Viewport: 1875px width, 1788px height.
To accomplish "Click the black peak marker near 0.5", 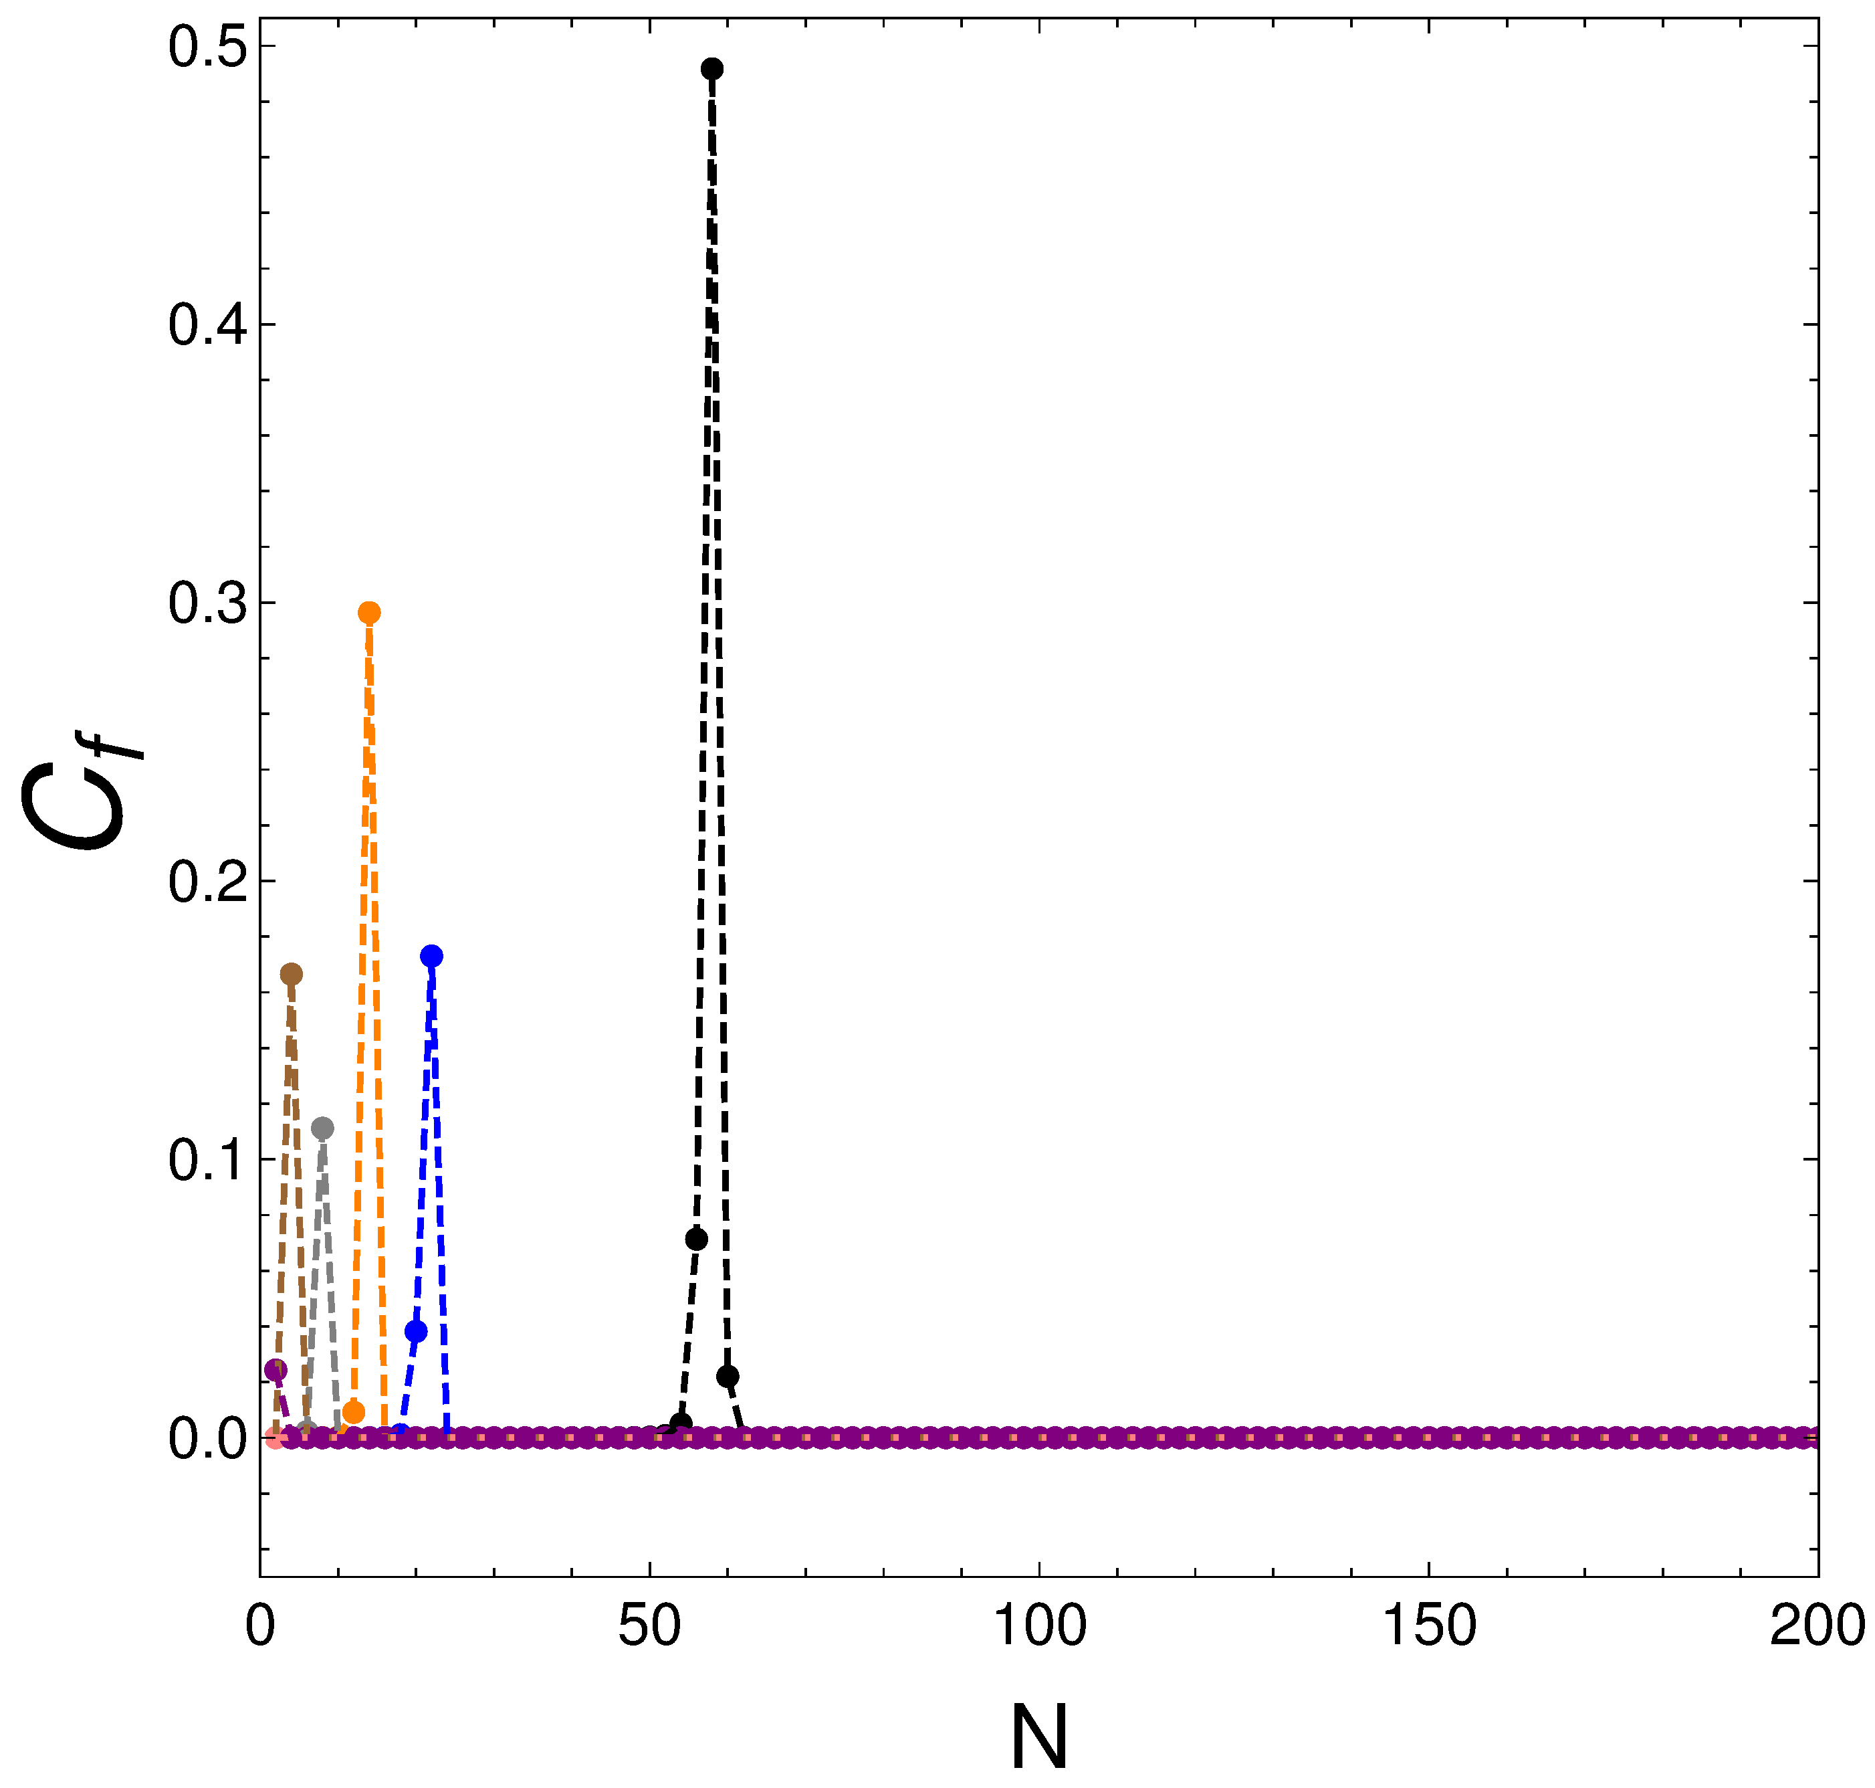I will pos(711,69).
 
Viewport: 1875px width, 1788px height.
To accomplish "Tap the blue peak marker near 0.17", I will pos(431,956).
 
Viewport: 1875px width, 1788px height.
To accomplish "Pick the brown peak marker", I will pos(291,974).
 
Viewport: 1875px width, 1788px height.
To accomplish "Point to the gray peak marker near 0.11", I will pos(323,1128).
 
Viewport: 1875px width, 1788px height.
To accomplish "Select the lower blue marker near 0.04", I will pos(415,1332).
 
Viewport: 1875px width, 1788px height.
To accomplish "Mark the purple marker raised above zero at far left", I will pos(275,1369).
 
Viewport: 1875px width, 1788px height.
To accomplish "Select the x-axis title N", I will pos(1038,1736).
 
